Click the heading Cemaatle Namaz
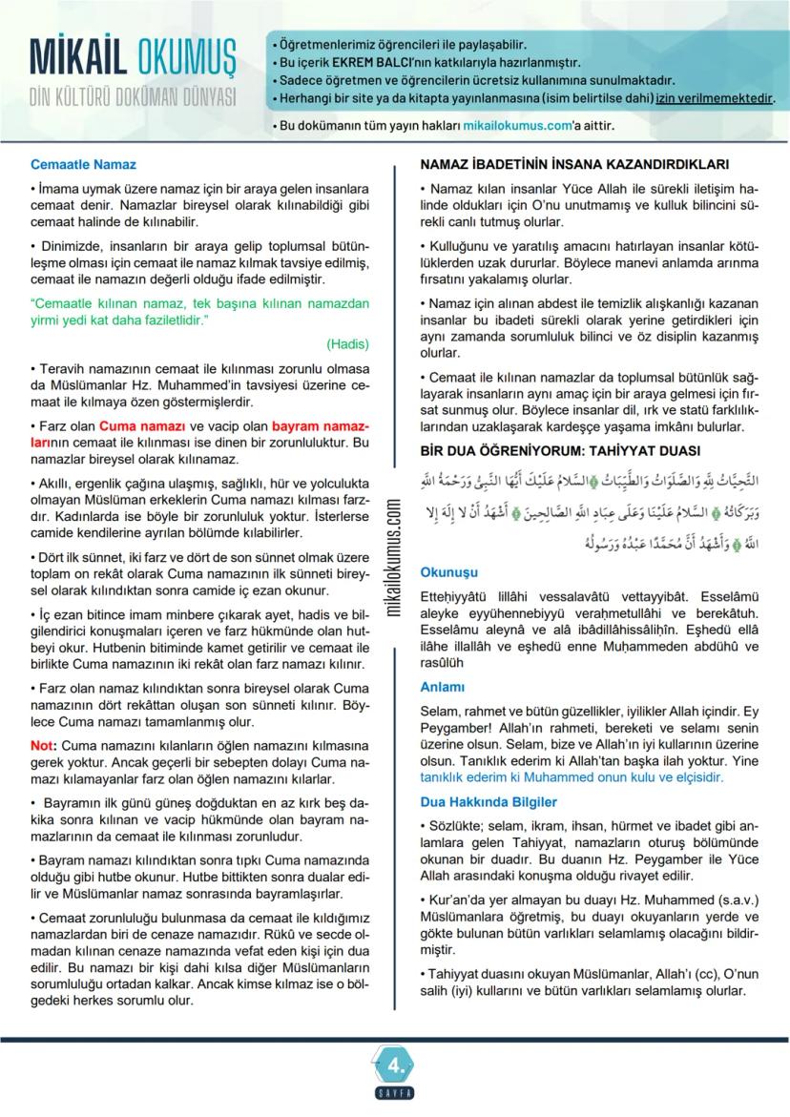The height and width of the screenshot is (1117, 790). (x=83, y=165)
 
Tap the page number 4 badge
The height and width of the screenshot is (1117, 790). (x=395, y=1062)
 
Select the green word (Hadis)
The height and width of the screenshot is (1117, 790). (x=347, y=343)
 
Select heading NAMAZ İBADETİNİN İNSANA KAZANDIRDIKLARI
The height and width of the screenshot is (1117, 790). (x=574, y=164)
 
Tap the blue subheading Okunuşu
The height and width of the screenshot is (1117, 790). (x=448, y=572)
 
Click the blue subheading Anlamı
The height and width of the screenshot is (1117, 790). (x=442, y=687)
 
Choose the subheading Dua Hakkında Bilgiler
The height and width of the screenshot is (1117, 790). (x=489, y=802)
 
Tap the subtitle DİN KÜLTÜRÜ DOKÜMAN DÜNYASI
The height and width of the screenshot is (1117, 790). (x=133, y=97)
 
